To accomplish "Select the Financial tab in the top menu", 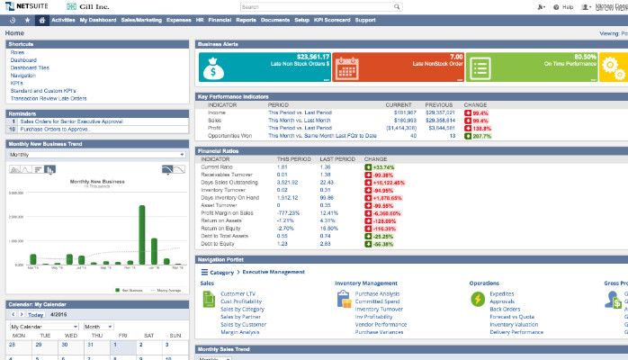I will point(219,19).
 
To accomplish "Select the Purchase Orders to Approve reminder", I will point(56,130).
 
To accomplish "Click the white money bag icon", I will point(216,67).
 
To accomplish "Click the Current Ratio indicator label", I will point(216,166).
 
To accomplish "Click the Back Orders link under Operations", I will point(505,309).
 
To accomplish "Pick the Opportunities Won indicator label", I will point(229,135).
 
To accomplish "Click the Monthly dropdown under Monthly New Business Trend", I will point(95,155).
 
